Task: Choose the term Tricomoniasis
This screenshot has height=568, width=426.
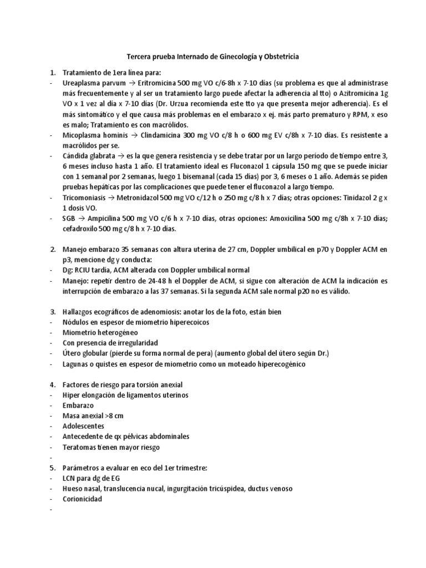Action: (x=88, y=196)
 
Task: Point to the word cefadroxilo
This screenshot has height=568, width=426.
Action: (x=80, y=229)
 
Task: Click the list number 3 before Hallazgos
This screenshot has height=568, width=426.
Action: (x=52, y=312)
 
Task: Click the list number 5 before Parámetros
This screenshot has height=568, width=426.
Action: (x=52, y=468)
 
